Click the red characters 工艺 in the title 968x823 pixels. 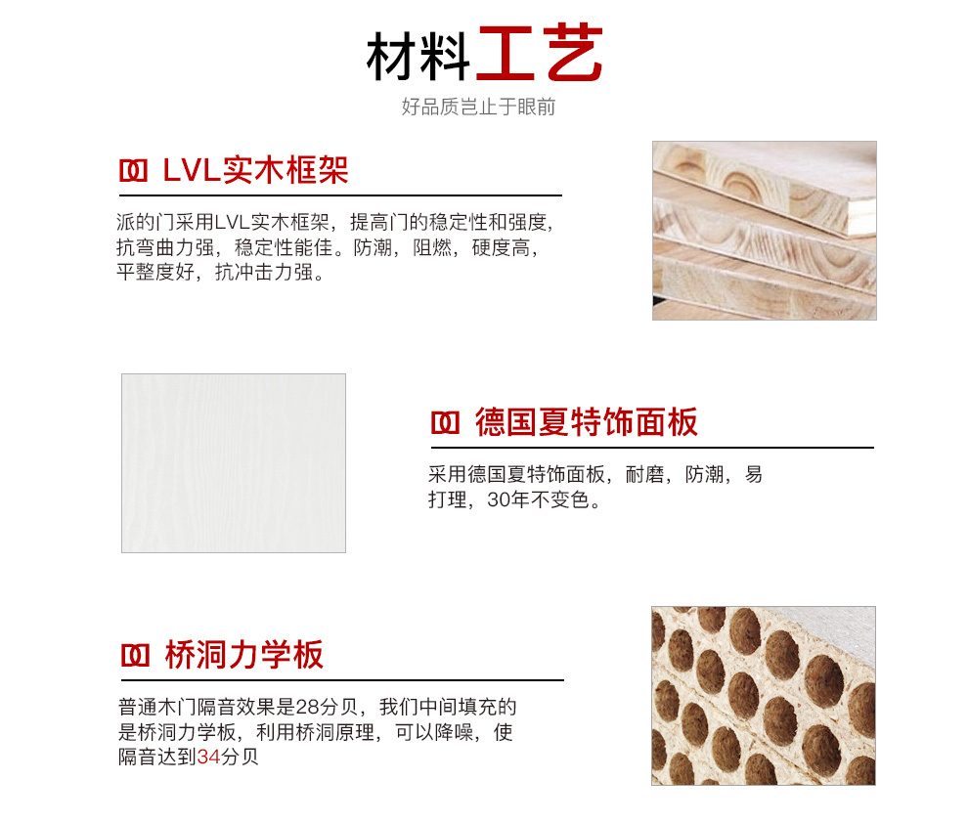[540, 53]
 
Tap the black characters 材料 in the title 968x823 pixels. [418, 56]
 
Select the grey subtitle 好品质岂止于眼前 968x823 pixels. [478, 107]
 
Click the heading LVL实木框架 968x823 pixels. [255, 170]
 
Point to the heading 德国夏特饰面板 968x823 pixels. [587, 422]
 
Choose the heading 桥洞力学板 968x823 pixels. [243, 655]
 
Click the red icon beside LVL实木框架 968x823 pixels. [133, 171]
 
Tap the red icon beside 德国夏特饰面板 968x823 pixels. [445, 423]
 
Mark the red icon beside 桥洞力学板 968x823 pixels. [135, 656]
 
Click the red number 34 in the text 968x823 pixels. [208, 757]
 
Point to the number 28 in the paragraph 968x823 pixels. [307, 707]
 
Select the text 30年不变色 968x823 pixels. [539, 499]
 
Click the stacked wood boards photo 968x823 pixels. [765, 231]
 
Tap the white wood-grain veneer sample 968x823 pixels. [234, 463]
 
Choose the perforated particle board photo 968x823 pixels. [764, 696]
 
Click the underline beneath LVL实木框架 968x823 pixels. [341, 195]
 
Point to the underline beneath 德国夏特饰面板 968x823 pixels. [652, 448]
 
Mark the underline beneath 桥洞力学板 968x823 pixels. [342, 680]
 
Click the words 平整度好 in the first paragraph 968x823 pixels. [155, 272]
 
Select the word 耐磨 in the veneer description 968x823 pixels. [644, 474]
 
